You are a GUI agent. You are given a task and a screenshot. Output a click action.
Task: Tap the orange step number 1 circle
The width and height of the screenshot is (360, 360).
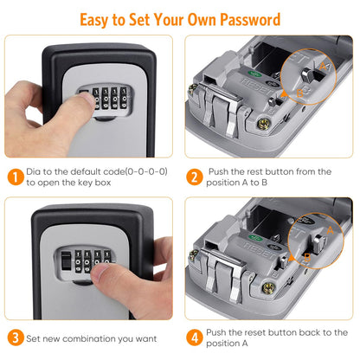[x=16, y=177]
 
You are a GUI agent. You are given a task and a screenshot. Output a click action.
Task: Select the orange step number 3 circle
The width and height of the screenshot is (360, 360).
[x=16, y=337]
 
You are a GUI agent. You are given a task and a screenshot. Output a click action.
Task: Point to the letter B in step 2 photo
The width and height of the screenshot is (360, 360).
[x=311, y=87]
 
